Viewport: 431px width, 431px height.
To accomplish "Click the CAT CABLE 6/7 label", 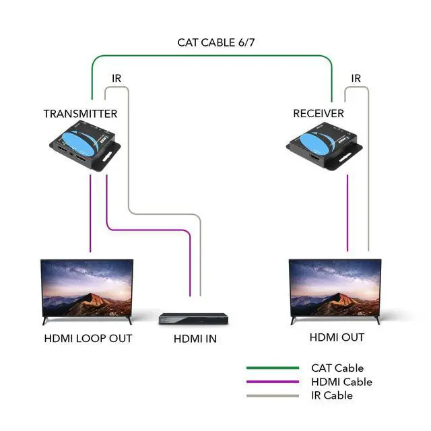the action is click(x=215, y=42).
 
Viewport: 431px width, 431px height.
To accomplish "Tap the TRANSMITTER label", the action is click(x=80, y=114).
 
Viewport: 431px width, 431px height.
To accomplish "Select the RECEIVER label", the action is click(x=318, y=114).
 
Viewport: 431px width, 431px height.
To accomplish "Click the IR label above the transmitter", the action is click(x=117, y=79).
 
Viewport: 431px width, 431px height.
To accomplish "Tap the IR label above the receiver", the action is click(x=356, y=79).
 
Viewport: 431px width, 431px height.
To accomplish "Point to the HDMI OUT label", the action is click(x=337, y=337).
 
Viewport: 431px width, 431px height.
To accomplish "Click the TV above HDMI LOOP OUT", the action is click(x=87, y=289).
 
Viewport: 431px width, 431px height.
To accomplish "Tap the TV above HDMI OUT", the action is click(x=335, y=288).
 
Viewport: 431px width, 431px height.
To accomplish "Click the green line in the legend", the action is click(x=272, y=368).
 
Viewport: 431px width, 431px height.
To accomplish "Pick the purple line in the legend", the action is click(x=272, y=382).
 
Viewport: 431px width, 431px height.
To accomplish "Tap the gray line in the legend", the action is click(x=272, y=395).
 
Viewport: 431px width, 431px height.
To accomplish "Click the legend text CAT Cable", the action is click(x=337, y=368).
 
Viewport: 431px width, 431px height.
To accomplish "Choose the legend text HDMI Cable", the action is click(x=341, y=382).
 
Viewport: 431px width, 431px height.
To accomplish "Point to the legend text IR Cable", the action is click(x=331, y=395).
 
